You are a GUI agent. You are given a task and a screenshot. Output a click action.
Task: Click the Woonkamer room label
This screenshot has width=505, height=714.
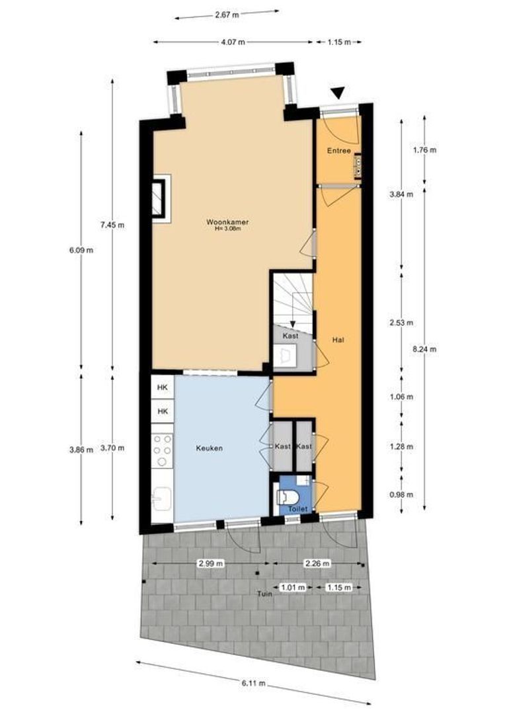click(x=222, y=223)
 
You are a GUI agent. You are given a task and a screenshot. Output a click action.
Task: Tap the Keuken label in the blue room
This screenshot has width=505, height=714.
click(x=209, y=448)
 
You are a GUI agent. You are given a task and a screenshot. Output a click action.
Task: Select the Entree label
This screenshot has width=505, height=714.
click(x=338, y=151)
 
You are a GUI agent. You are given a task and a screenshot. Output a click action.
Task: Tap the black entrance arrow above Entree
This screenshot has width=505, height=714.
click(x=338, y=93)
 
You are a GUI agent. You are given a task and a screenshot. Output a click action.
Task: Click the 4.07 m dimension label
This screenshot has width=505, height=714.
click(x=232, y=42)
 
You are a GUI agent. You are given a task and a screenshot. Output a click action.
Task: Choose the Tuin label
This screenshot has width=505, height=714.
click(x=266, y=593)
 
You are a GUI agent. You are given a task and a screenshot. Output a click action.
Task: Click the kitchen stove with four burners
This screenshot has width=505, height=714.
click(x=163, y=450)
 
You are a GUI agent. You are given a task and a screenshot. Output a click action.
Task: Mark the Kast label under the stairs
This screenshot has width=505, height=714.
click(x=290, y=336)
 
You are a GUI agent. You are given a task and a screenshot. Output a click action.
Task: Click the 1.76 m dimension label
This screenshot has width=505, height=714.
click(x=424, y=149)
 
